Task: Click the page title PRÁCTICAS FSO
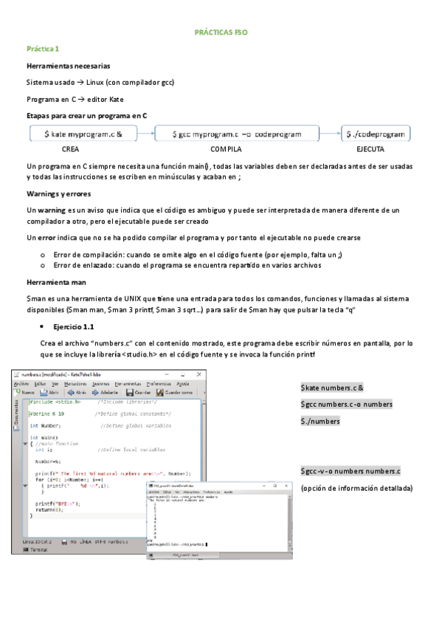point(221,33)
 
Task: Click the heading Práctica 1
point(42,49)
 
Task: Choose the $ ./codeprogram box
point(376,134)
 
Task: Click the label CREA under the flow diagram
point(71,149)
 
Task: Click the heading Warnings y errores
point(58,195)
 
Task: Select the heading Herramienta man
point(57,283)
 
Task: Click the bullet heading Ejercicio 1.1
point(72,326)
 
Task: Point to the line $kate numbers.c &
point(336,388)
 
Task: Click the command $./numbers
point(320,421)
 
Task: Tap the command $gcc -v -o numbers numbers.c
point(351,471)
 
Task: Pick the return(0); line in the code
point(47,510)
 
